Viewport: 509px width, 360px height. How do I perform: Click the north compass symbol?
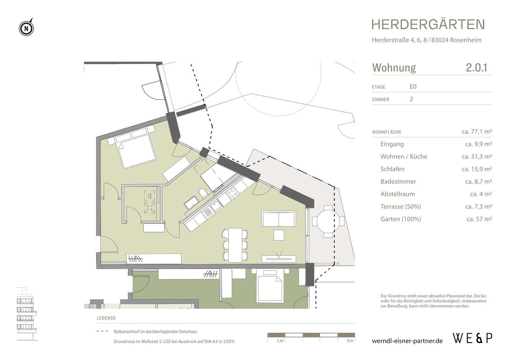26,28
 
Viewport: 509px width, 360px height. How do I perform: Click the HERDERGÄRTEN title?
428,24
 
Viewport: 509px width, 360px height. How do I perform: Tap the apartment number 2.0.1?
476,67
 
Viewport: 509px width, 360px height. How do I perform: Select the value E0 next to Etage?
413,87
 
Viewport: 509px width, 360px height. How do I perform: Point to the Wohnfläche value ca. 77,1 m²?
476,132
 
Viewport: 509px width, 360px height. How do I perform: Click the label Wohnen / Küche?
404,157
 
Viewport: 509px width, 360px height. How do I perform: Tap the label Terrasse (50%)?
401,207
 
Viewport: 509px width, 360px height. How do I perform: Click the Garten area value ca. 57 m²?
479,219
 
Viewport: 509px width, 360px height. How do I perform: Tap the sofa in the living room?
279,219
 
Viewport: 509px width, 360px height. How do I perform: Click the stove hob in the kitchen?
232,194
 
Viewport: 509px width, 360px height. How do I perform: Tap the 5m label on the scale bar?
349,340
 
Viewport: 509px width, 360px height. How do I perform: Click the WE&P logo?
473,338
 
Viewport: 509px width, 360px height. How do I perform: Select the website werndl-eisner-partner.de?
407,340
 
